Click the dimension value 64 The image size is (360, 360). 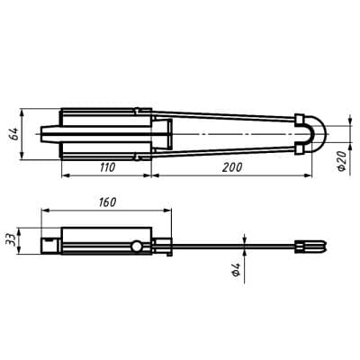point(13,134)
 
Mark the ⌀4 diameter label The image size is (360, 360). point(237,267)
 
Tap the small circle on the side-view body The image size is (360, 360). point(136,247)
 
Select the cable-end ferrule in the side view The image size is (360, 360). point(311,244)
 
